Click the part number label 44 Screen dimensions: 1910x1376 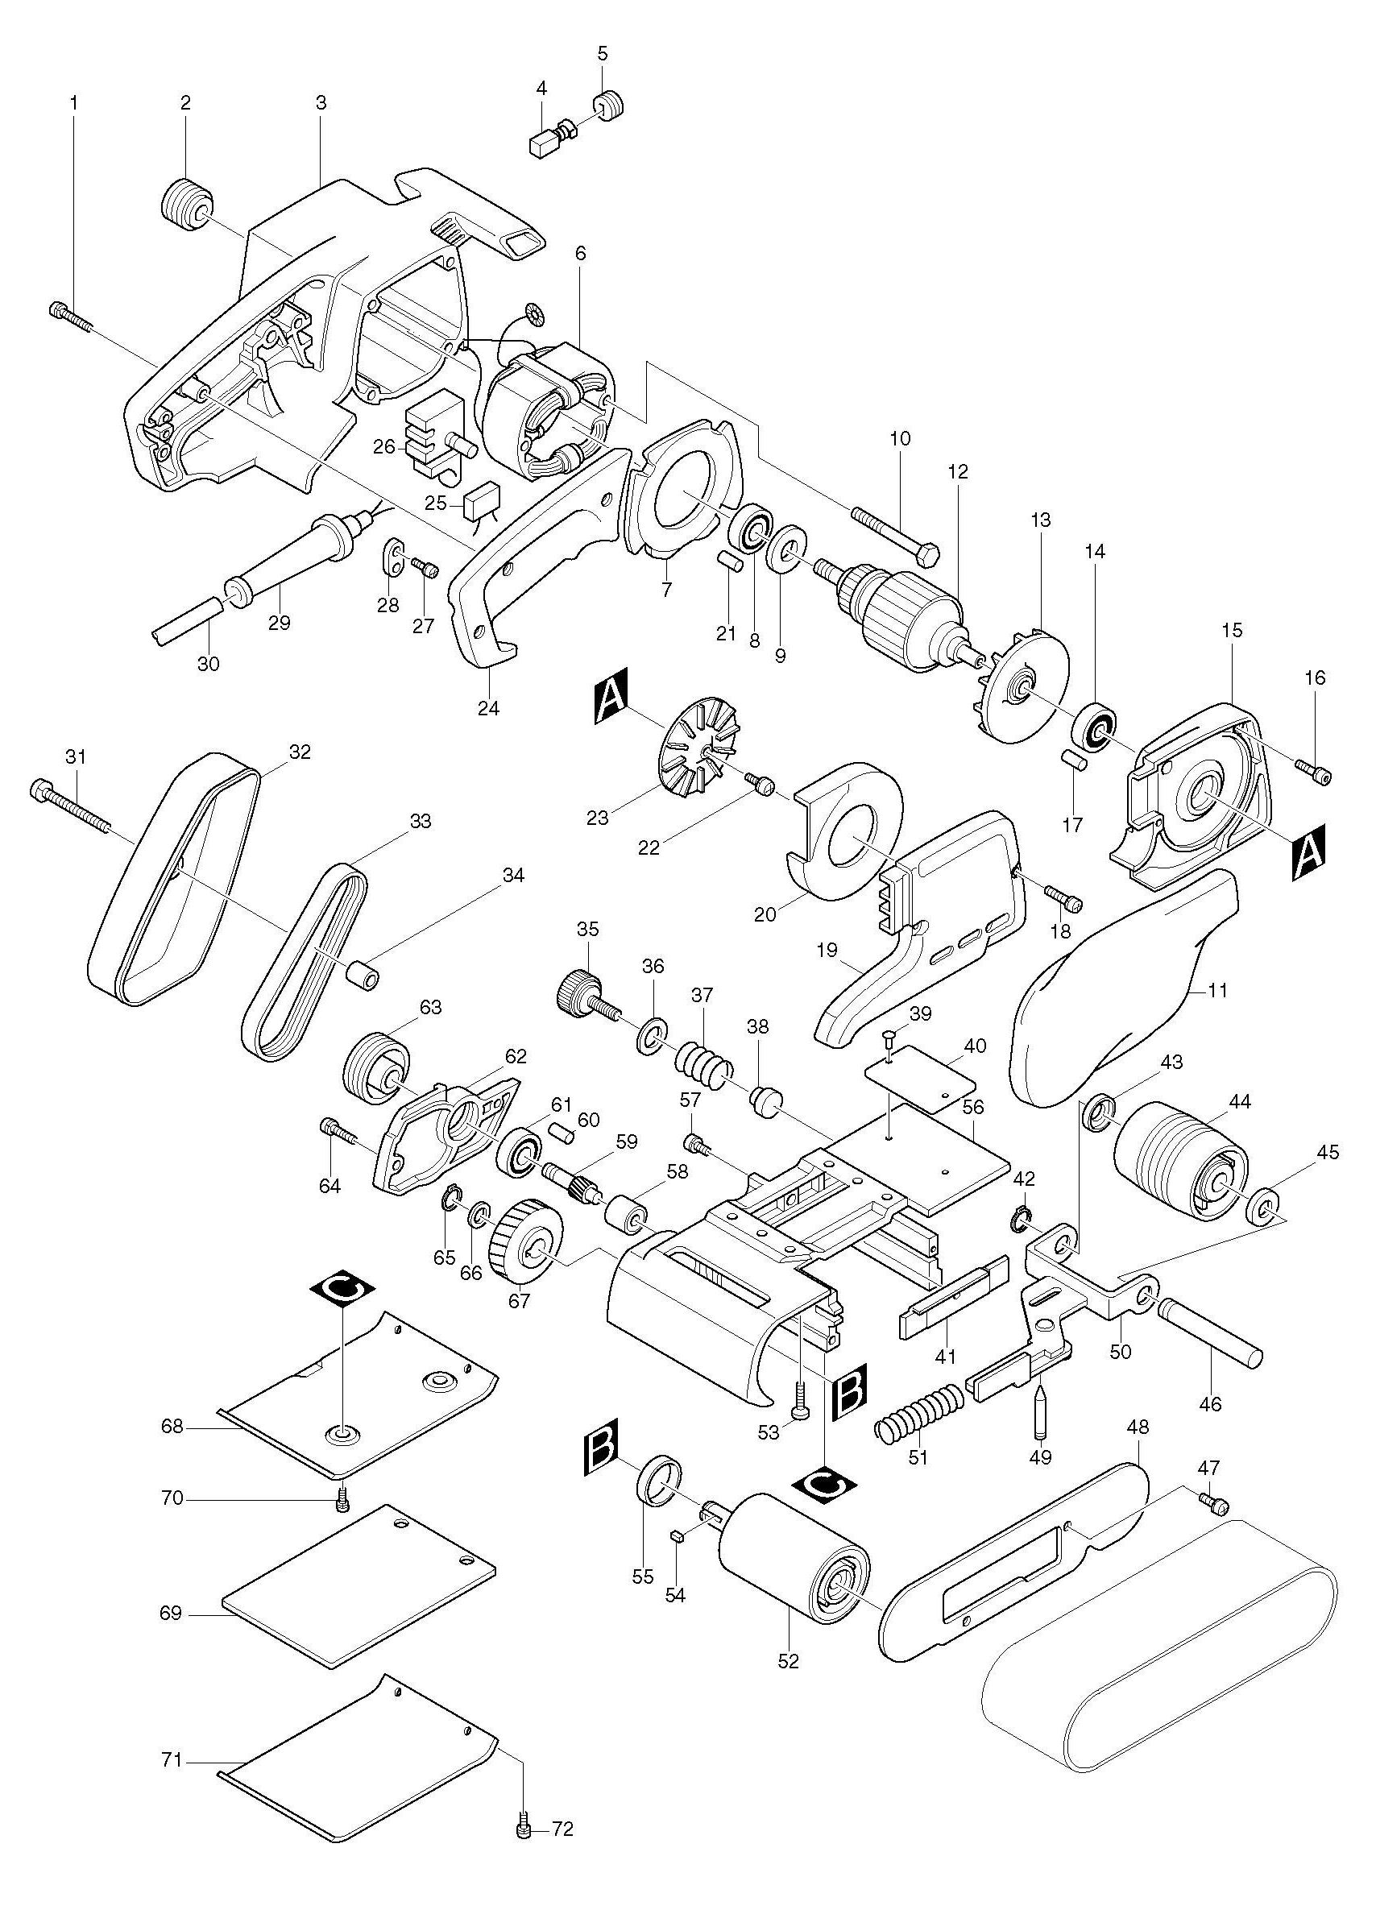pyautogui.click(x=1240, y=1100)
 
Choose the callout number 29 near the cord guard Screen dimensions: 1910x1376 pyautogui.click(x=279, y=624)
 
